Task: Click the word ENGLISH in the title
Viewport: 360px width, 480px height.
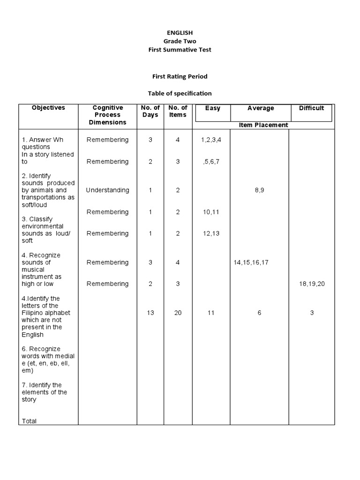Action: click(180, 32)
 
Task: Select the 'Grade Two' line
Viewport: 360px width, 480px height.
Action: click(180, 41)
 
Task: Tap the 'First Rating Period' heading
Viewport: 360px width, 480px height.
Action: click(180, 76)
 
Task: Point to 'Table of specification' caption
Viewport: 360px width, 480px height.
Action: click(180, 93)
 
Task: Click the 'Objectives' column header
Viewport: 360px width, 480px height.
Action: click(48, 108)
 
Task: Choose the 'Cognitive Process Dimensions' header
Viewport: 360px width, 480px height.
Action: click(108, 115)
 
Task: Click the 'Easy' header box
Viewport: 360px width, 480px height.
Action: click(212, 108)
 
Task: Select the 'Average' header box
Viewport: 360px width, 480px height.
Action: click(261, 108)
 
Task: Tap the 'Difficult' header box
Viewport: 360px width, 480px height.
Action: click(311, 108)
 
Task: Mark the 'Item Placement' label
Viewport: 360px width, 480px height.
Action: click(263, 125)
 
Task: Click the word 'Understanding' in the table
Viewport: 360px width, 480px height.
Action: click(107, 190)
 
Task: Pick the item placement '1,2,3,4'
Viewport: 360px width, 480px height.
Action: click(211, 140)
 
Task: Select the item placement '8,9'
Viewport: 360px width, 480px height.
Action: click(259, 190)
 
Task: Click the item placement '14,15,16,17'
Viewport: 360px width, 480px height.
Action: click(251, 262)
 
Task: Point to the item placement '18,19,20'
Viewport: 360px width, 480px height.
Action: click(312, 284)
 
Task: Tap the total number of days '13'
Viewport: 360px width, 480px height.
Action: click(150, 313)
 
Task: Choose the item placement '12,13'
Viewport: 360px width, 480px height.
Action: click(211, 233)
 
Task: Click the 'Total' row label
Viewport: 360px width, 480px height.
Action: click(29, 421)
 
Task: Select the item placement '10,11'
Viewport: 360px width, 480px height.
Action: click(211, 212)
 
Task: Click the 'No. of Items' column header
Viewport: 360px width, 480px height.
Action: click(178, 111)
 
